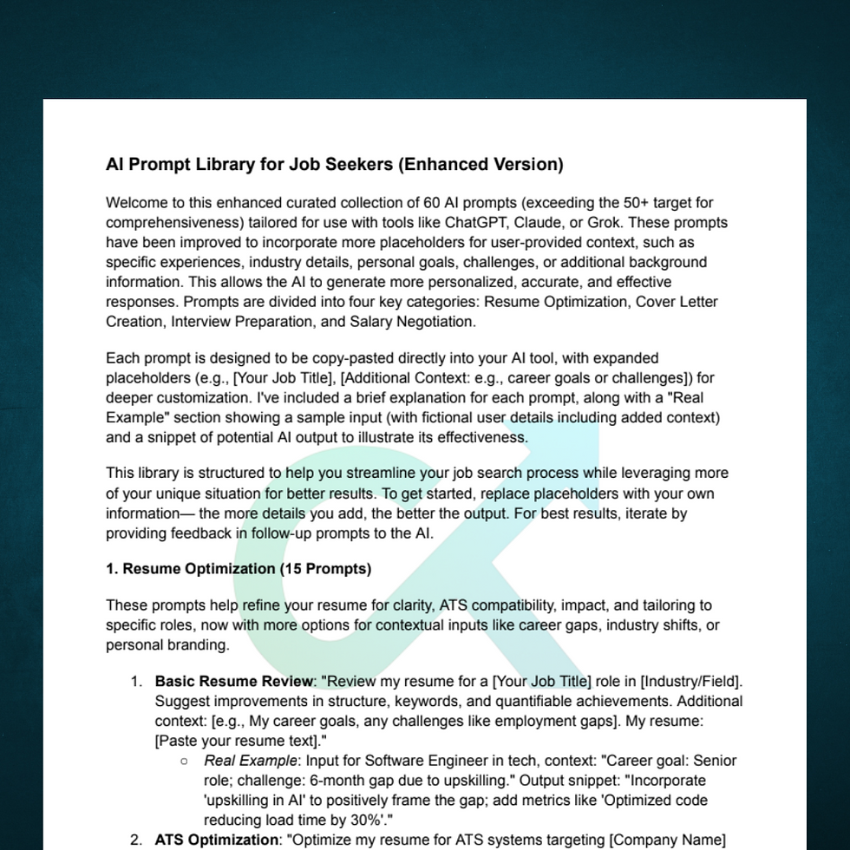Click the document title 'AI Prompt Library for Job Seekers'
click(334, 164)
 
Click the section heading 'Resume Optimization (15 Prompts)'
click(239, 569)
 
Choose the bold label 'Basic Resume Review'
click(233, 681)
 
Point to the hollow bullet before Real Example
click(184, 761)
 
